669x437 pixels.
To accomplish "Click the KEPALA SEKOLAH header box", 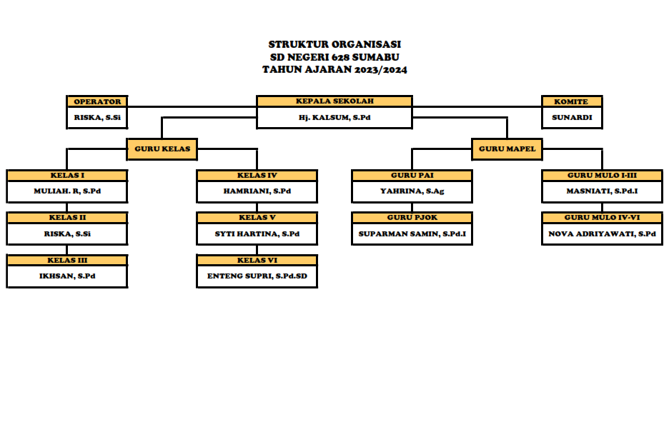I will (334, 101).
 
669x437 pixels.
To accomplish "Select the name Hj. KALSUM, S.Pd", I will (334, 117).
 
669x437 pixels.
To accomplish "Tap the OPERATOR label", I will (97, 101).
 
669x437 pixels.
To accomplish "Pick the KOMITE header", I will (571, 101).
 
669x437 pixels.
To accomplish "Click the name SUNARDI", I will (571, 117).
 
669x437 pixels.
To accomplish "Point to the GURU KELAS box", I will (162, 149).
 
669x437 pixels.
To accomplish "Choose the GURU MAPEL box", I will (507, 149).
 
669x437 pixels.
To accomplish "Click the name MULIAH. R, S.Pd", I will (67, 191).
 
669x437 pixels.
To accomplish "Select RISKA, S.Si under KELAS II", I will (67, 233).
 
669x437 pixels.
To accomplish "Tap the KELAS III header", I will (67, 261).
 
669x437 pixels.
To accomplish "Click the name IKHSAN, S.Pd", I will (67, 276).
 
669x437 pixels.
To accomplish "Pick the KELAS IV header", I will (257, 176).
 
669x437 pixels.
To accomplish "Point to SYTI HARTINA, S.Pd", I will (257, 233).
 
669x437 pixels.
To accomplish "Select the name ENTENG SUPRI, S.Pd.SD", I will (257, 276).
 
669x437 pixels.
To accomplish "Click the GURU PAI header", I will (412, 176).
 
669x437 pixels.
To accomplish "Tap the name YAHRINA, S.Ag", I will (412, 191).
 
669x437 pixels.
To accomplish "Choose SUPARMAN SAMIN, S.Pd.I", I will (412, 233).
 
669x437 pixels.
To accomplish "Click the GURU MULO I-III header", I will (602, 176).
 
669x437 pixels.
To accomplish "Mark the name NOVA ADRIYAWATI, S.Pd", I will (602, 233).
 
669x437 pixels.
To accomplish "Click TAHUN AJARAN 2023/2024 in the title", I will (334, 70).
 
